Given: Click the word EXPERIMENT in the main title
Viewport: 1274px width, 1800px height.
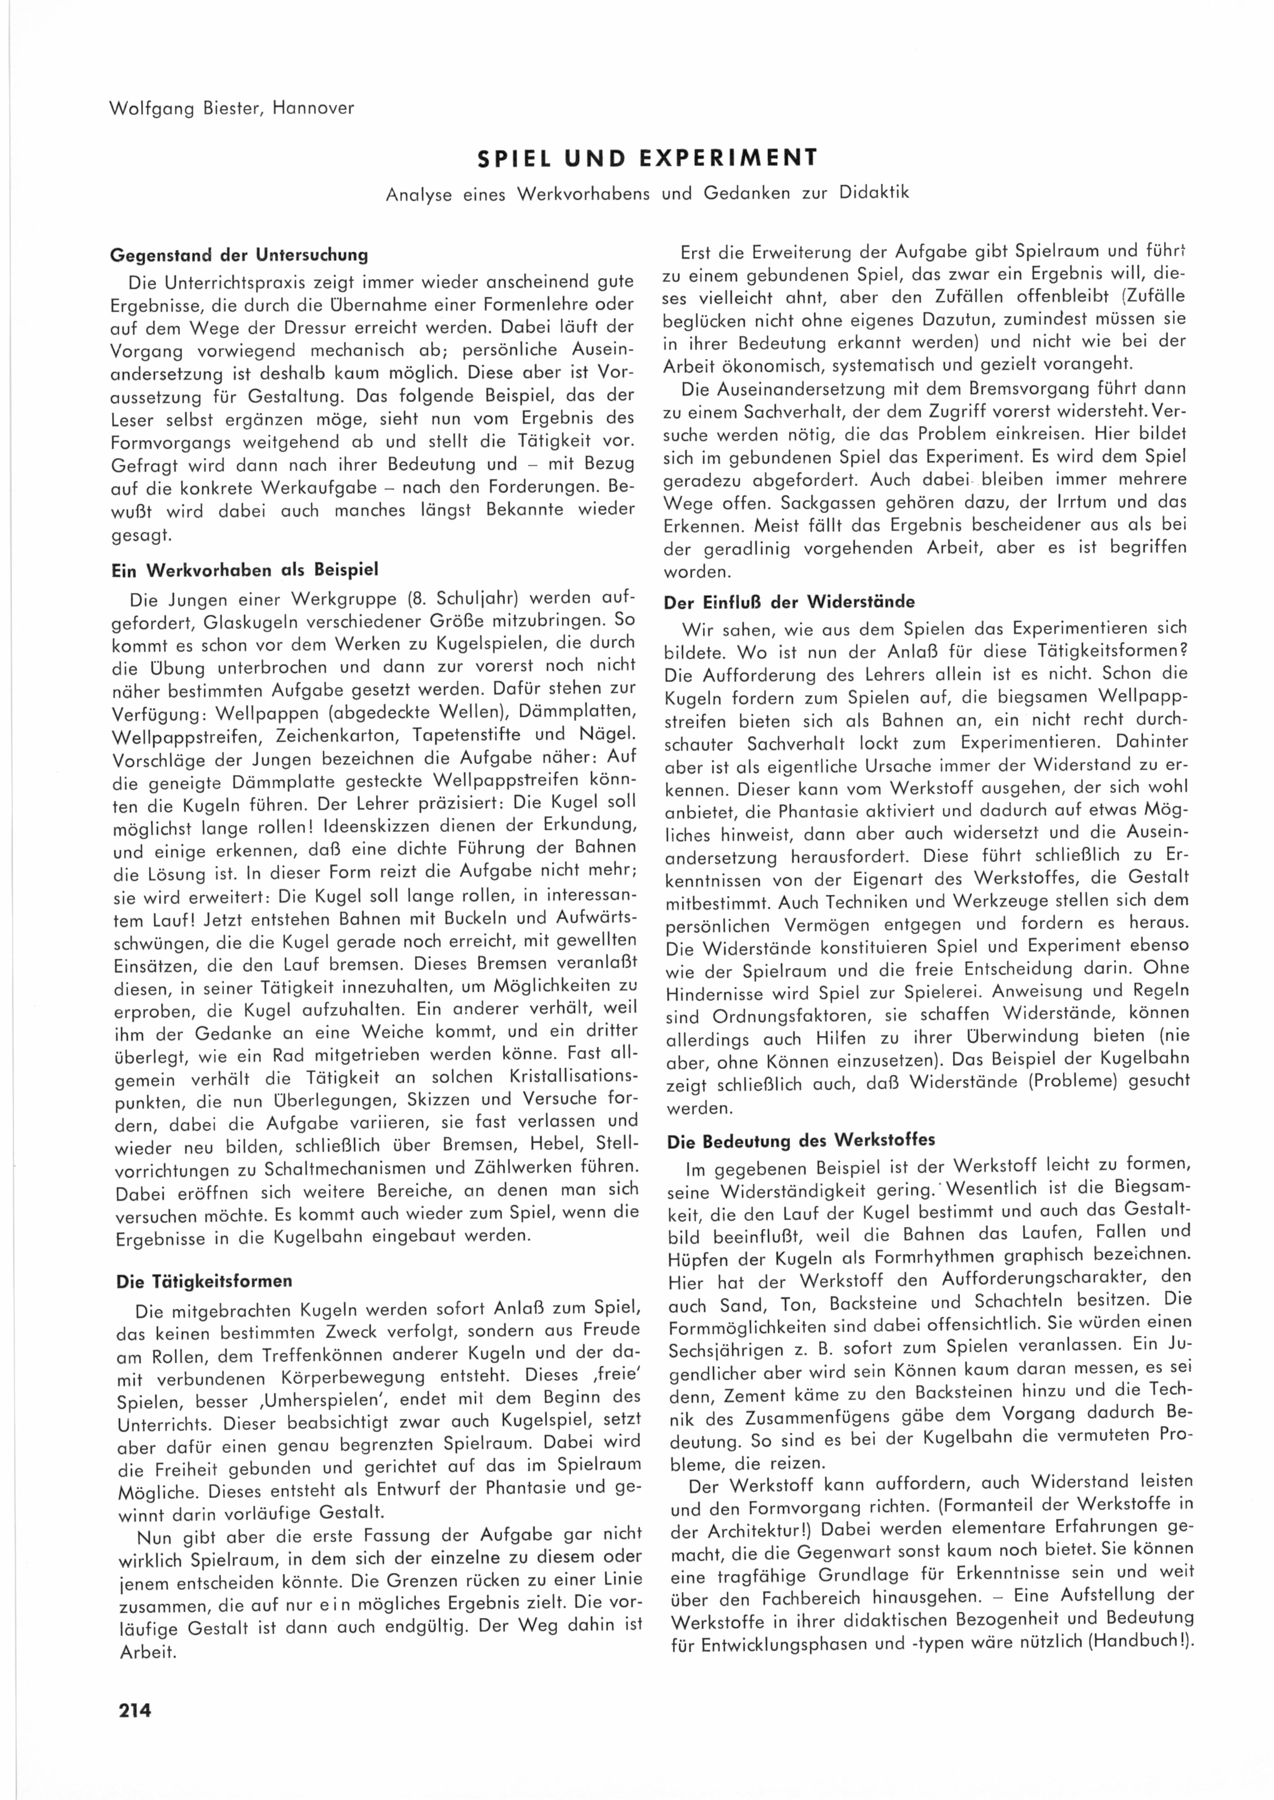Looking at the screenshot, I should (x=728, y=158).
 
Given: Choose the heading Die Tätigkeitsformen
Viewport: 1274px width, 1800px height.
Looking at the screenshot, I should (x=204, y=1281).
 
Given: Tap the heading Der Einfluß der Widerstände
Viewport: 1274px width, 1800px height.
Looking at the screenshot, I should (x=789, y=602).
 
